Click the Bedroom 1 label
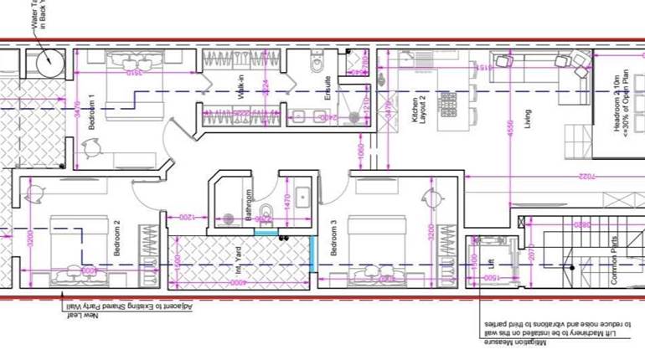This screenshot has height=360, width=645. [x=92, y=116]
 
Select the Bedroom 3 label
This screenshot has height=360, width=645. [x=333, y=238]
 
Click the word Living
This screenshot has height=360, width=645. [x=528, y=119]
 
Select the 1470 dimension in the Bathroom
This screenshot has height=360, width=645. [x=286, y=201]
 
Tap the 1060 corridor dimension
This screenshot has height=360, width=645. [x=360, y=150]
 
